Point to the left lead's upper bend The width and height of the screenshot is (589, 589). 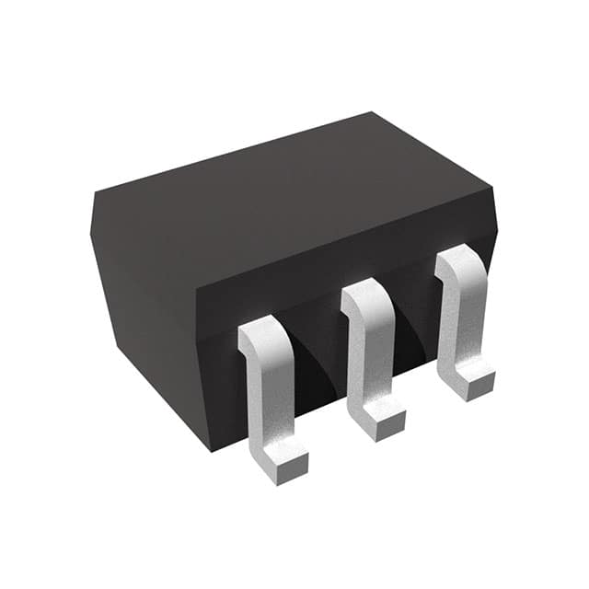[261, 331]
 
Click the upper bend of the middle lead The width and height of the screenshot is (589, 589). [363, 294]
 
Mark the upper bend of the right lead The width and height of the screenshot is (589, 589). [455, 261]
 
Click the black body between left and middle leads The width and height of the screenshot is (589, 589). [318, 368]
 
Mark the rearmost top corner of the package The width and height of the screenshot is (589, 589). [372, 113]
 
